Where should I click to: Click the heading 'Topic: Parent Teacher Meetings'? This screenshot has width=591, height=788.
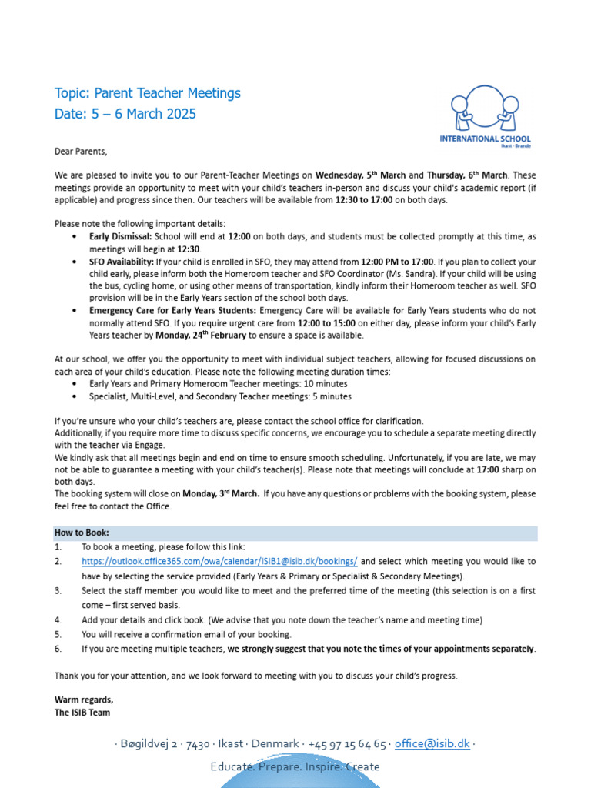(x=147, y=93)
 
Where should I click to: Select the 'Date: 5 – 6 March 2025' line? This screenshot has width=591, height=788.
(x=125, y=114)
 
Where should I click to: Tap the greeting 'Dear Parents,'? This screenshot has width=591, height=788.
(x=81, y=151)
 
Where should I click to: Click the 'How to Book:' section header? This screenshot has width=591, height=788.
(x=82, y=533)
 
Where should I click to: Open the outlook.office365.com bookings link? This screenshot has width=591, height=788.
(x=219, y=562)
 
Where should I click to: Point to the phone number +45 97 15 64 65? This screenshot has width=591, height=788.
(x=347, y=744)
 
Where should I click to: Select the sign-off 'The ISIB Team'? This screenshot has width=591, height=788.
(x=82, y=712)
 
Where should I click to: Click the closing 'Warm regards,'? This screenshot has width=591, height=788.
(x=83, y=700)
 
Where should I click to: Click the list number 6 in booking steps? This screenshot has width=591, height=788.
(x=58, y=649)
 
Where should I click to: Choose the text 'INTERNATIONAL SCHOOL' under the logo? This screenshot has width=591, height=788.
(x=484, y=139)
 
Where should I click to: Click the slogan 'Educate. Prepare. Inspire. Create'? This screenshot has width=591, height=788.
(x=295, y=766)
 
